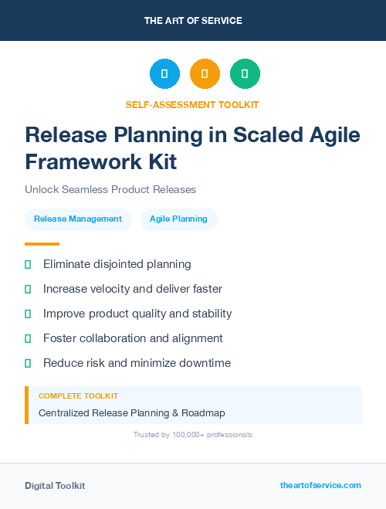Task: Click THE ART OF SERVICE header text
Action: [x=193, y=21]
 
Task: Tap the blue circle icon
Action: [x=164, y=74]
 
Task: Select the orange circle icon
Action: [x=205, y=74]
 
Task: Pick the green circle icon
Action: [x=245, y=74]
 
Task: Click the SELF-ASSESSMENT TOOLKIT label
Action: [x=192, y=104]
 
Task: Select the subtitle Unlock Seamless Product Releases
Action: [x=110, y=189]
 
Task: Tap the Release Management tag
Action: [x=78, y=219]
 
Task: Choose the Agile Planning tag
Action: [x=178, y=219]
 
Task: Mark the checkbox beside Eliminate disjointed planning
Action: [x=28, y=265]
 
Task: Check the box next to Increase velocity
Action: [x=28, y=290]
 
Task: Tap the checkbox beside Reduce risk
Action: [x=28, y=363]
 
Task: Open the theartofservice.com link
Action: [x=320, y=485]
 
